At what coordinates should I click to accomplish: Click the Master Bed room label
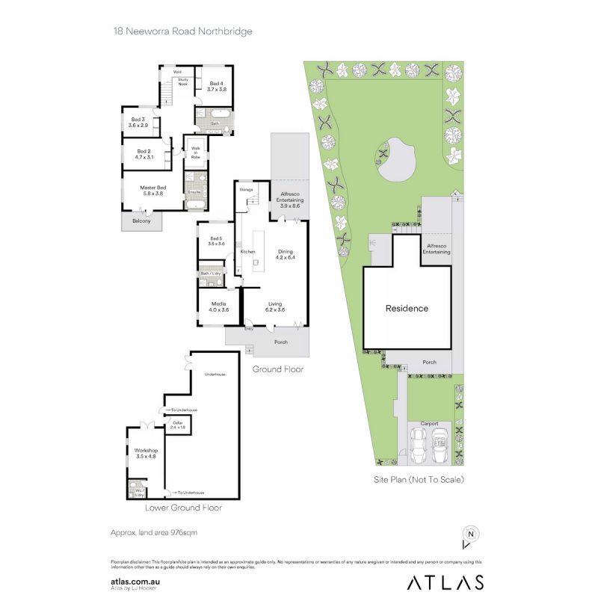coord(150,191)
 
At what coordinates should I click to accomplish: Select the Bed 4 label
coord(217,86)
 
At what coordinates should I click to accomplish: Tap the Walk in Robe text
coord(197,152)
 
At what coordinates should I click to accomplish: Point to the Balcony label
coord(141,221)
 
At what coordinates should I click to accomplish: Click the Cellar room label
coord(178,426)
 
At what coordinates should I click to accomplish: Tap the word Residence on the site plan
coord(407,308)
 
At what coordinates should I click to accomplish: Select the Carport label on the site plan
coord(429,423)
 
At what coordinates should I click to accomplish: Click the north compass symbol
coord(470,535)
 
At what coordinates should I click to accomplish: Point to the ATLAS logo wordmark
coord(444,582)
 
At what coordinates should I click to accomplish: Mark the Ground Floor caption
coord(277,369)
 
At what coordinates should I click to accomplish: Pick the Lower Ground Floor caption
coord(183,508)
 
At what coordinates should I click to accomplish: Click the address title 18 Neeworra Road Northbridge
coord(182,31)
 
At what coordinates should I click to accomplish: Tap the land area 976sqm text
coord(153,532)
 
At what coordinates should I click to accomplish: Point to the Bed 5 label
coord(217,241)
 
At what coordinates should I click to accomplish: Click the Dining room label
coord(286,255)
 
